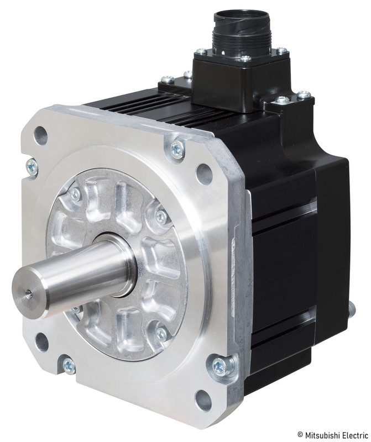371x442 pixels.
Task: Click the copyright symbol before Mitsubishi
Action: click(300, 435)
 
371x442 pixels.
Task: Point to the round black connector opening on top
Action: click(241, 18)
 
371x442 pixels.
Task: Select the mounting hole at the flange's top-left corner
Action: click(40, 135)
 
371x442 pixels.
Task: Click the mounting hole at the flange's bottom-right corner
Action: click(203, 400)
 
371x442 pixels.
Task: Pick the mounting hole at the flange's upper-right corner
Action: click(204, 173)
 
